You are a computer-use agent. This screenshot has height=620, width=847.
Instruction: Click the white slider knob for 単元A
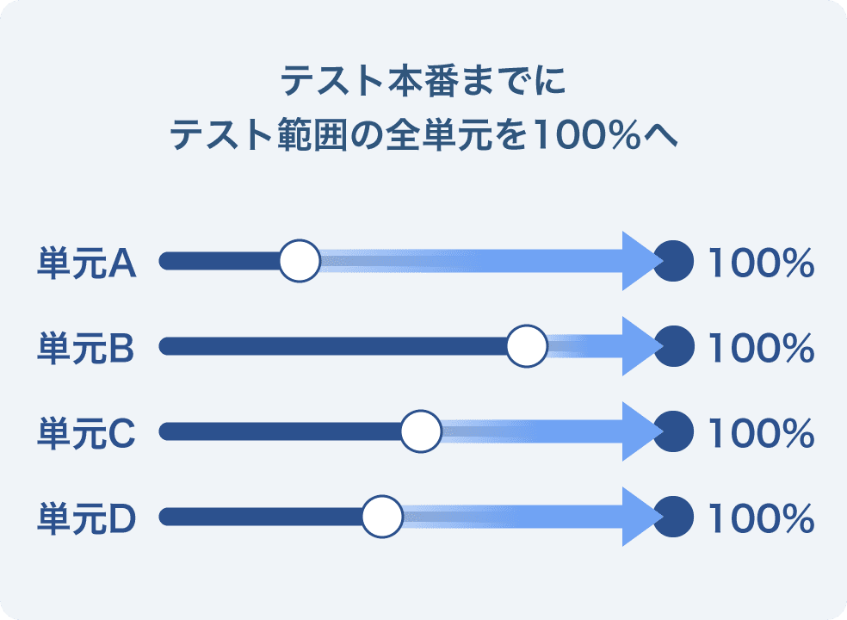(x=300, y=261)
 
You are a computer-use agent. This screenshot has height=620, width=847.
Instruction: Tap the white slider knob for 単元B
(x=527, y=346)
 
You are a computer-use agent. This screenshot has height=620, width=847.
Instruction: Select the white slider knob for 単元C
(x=421, y=431)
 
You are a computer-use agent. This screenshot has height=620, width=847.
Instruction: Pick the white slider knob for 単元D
(x=382, y=516)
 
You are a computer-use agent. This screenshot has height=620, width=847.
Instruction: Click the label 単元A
(x=86, y=263)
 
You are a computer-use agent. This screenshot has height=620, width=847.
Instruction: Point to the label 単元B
(x=85, y=348)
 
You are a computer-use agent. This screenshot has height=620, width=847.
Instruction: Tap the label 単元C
(x=86, y=433)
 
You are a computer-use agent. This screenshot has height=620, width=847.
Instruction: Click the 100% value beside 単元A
(x=761, y=263)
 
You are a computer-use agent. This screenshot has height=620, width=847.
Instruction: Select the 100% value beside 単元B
(x=761, y=348)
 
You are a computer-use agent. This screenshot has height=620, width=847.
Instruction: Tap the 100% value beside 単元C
(x=761, y=433)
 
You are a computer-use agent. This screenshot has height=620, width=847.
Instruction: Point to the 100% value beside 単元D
(x=761, y=519)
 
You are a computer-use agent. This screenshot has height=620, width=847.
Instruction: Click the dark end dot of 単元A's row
(x=674, y=261)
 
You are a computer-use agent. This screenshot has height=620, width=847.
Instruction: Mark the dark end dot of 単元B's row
(x=674, y=346)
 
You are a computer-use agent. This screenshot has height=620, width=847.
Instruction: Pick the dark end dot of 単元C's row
(x=674, y=431)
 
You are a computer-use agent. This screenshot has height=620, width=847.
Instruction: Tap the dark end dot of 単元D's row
(x=674, y=516)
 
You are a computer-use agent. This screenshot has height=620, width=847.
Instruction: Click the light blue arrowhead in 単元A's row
(x=640, y=261)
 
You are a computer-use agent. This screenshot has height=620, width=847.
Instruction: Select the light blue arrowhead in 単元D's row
(x=640, y=516)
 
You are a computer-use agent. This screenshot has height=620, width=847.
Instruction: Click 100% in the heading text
(x=585, y=134)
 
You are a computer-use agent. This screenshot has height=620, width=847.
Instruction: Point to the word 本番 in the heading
(x=423, y=81)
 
